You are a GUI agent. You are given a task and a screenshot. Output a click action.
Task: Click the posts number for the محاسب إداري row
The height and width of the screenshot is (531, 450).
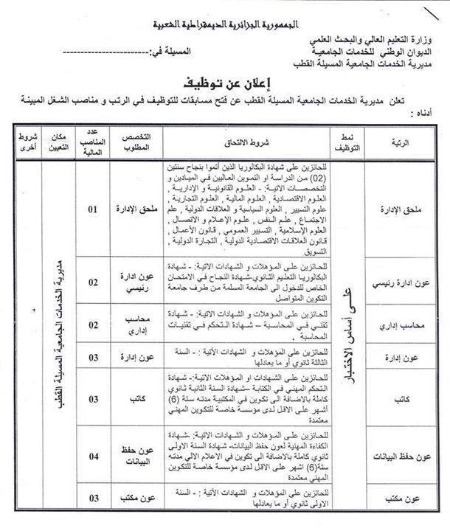click(x=94, y=324)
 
